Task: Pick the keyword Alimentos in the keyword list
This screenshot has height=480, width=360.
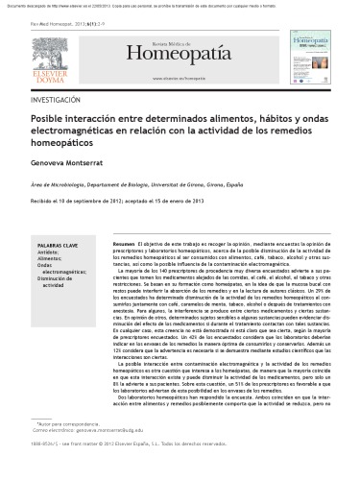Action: pyautogui.click(x=52, y=261)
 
